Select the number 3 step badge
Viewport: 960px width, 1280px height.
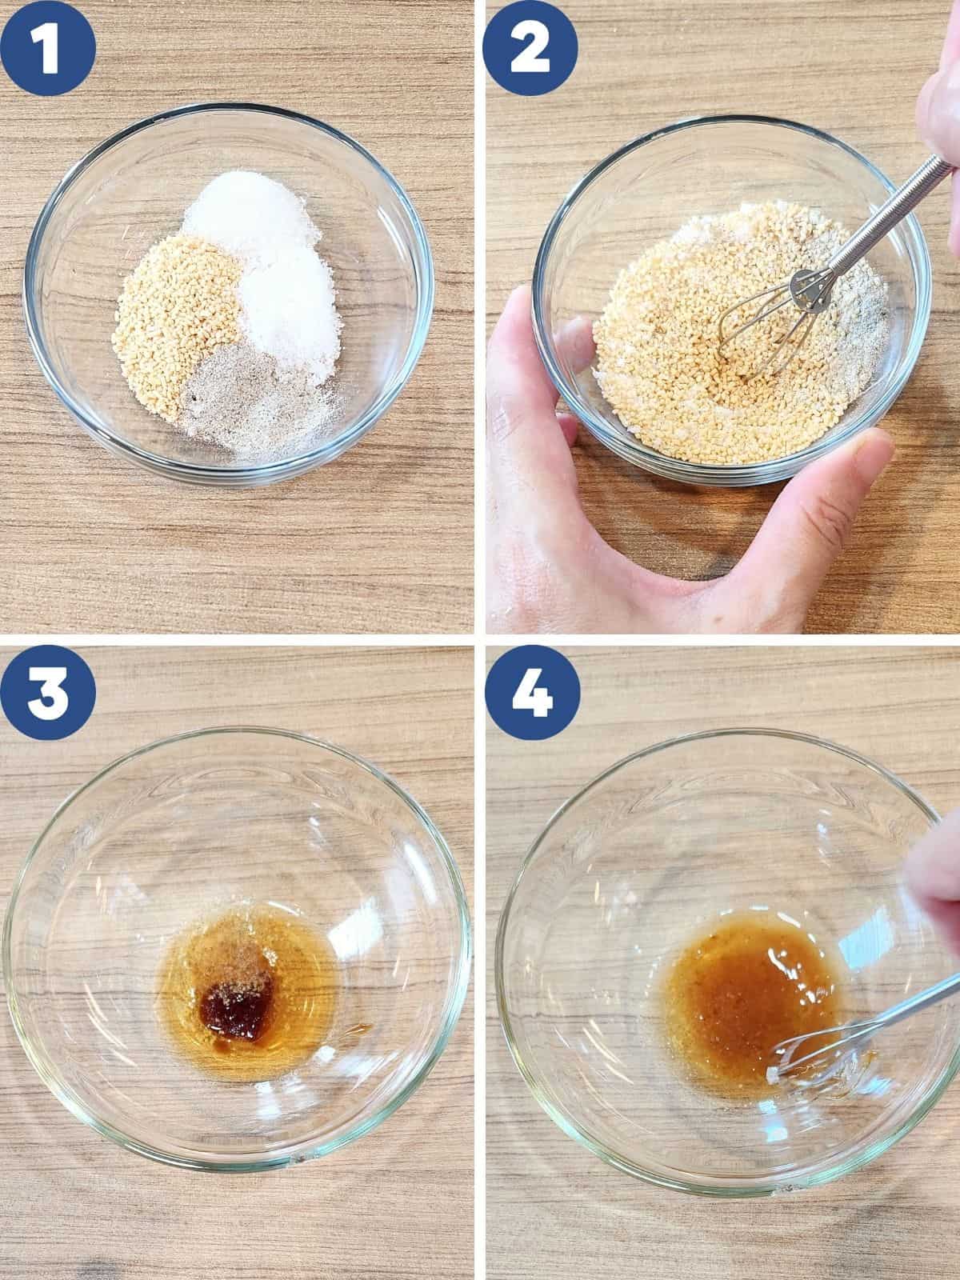pyautogui.click(x=48, y=693)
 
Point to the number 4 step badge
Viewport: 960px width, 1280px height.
pyautogui.click(x=532, y=693)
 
